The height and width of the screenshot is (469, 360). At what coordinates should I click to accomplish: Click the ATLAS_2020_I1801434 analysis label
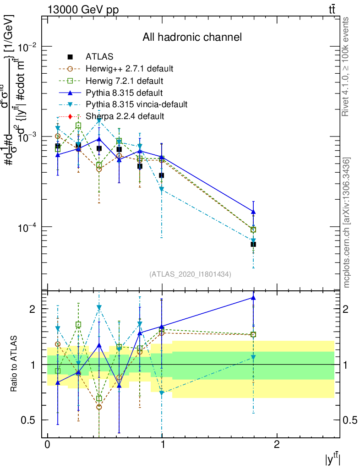tap(190, 274)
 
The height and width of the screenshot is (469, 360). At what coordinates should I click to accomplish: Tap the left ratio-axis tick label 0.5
tap(32, 420)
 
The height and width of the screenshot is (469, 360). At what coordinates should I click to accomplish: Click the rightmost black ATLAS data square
tap(253, 244)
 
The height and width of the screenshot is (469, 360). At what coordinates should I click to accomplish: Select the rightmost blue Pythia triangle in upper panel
tap(253, 212)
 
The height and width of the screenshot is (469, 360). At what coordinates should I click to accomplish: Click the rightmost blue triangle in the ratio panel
tap(253, 298)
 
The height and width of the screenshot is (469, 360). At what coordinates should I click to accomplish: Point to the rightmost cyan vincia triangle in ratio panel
tap(253, 357)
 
